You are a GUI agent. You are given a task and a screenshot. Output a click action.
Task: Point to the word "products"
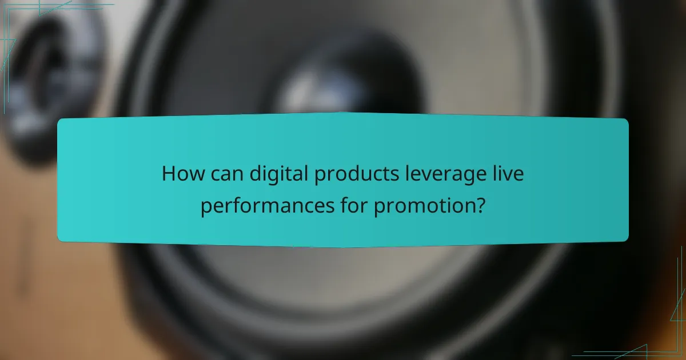tap(350, 174)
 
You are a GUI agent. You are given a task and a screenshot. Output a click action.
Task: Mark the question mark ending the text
tap(481, 205)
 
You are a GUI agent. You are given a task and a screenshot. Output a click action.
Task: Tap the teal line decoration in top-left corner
tap(23, 23)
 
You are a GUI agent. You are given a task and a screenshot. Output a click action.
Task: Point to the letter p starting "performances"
tap(205, 207)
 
